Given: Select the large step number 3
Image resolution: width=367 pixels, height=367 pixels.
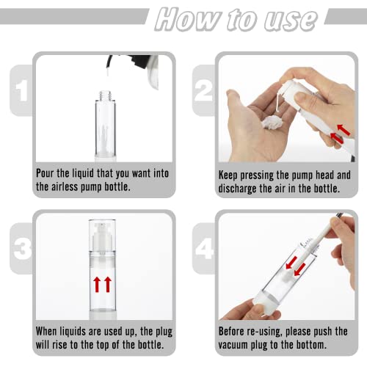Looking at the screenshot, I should [x=22, y=248].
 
